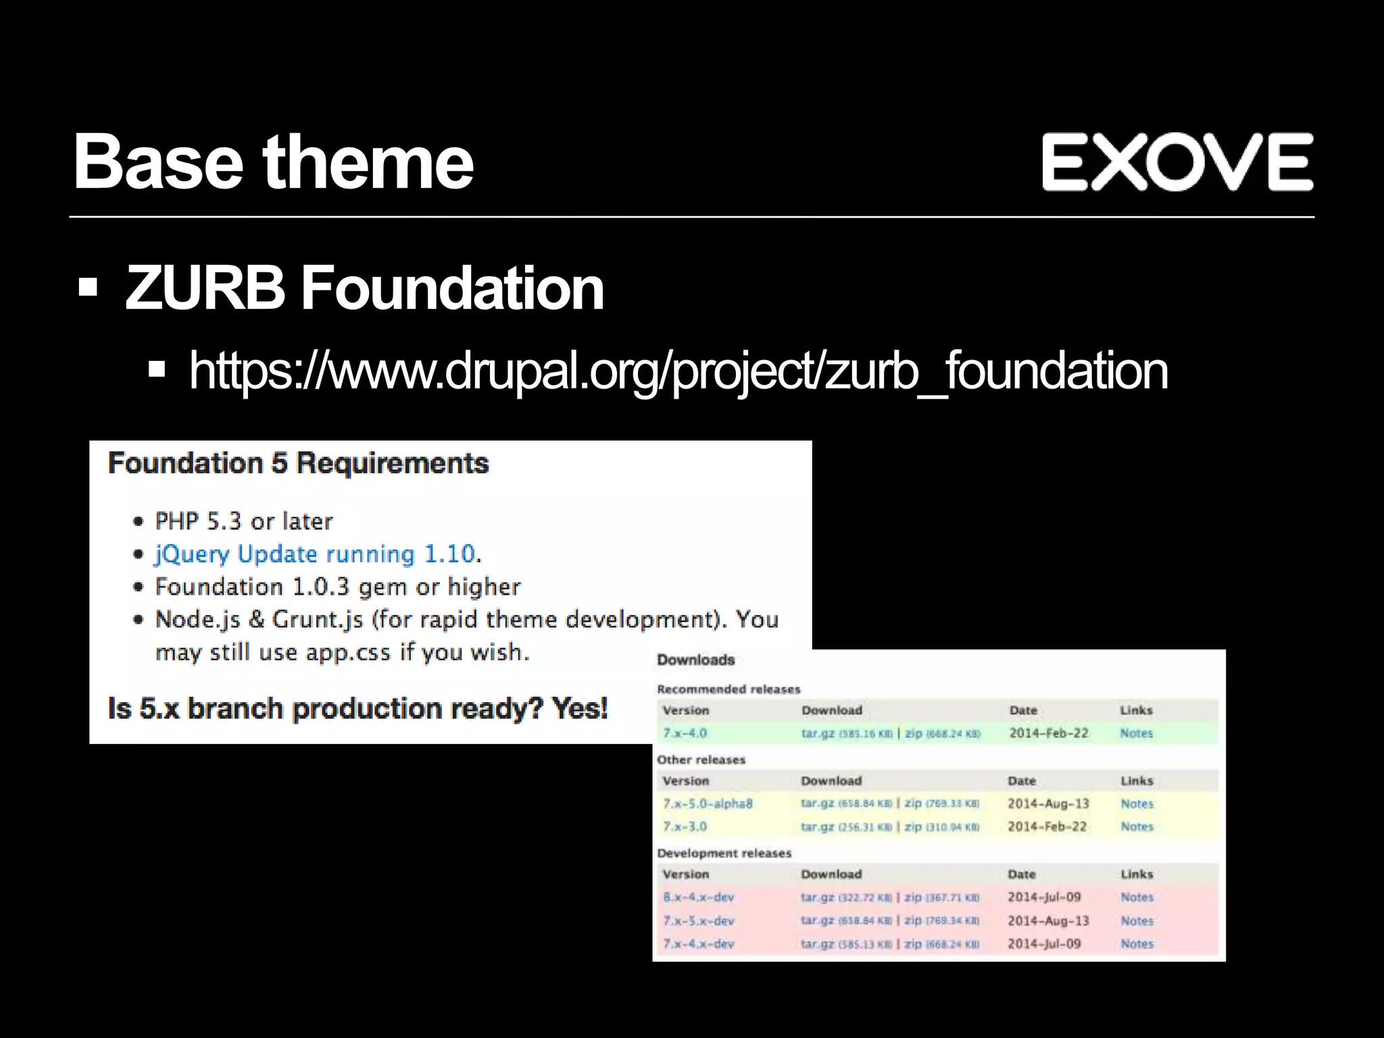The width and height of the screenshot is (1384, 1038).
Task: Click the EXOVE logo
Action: coord(1177,162)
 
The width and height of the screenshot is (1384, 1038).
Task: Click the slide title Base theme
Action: coord(273,162)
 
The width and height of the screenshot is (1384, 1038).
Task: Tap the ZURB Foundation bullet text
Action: coord(364,288)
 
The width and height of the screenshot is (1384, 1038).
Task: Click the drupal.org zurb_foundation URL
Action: coord(678,371)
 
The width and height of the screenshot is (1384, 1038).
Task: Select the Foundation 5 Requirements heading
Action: coord(298,464)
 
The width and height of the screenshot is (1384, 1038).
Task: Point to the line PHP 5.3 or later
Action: coord(244,521)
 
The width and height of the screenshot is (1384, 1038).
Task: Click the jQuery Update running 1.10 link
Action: coord(316,554)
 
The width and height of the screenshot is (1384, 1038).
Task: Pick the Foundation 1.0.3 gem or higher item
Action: coord(338,587)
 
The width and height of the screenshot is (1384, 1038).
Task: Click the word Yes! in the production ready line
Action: coord(579,708)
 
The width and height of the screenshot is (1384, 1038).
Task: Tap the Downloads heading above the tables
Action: coord(695,660)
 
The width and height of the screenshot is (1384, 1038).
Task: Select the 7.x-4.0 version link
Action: coord(685,733)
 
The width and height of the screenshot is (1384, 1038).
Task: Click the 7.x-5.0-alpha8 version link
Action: coord(708,804)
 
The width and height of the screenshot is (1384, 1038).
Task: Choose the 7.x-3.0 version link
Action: coord(685,826)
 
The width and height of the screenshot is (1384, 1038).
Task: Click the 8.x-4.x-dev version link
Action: coord(698,897)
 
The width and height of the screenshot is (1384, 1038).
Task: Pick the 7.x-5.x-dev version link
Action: coord(698,920)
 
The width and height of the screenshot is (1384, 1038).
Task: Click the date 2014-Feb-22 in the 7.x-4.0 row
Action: coord(1049,733)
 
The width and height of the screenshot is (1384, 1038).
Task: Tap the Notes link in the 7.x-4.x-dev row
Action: coord(1137,943)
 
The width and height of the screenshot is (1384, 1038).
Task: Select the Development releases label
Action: coord(724,854)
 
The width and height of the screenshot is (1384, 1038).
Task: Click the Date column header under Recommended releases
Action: coord(1023,710)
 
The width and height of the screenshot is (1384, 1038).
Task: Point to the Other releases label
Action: coord(701,760)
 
